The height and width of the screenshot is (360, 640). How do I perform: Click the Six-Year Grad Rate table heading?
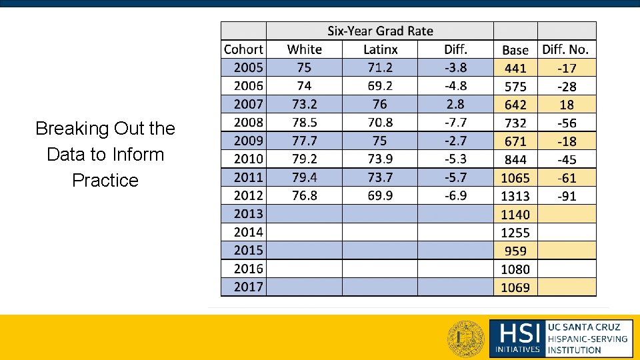pos(380,31)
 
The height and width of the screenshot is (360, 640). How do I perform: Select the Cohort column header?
pos(243,49)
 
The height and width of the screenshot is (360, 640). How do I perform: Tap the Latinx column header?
pos(380,49)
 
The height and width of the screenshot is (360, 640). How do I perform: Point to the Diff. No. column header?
pos(566,49)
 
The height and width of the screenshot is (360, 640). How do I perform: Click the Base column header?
pos(515,50)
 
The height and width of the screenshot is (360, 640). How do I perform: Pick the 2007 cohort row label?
pos(248,104)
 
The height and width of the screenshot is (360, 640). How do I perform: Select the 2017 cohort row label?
pos(248,287)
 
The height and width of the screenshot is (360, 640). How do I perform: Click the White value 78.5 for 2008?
pos(304,123)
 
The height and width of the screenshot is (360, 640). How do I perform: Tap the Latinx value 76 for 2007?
pos(380,104)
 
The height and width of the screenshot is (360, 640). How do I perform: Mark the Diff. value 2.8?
pos(456,104)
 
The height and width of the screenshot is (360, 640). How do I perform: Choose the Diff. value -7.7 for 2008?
pos(455,123)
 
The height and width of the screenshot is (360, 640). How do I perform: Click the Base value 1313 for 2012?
pos(515,196)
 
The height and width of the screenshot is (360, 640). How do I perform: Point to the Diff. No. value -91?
pos(567,196)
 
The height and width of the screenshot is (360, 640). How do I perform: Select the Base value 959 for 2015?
pos(515,251)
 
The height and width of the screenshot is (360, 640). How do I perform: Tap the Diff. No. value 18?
pos(567,105)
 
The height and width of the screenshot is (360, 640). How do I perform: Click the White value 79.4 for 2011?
pos(304,177)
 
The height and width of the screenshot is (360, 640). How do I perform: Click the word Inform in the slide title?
pos(138,155)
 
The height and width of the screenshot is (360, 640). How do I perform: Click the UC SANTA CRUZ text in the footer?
pos(583,327)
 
